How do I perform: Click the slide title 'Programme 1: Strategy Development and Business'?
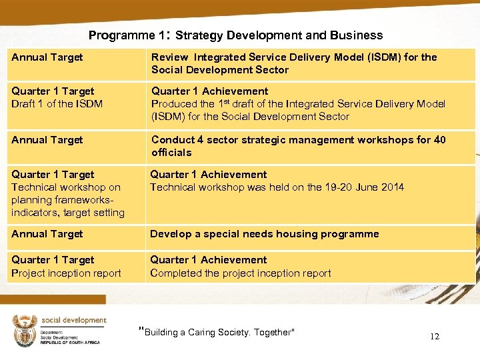tap(235, 35)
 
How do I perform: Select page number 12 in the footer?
tap(434, 337)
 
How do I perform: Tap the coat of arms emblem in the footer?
tap(25, 330)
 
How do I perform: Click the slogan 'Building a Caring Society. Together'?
tap(217, 332)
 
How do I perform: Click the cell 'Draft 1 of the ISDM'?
tap(57, 104)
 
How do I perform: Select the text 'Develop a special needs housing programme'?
tap(264, 234)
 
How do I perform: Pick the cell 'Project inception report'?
tap(66, 273)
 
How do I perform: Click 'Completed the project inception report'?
tap(240, 273)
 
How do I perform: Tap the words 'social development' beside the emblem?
tap(73, 320)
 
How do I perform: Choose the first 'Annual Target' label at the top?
tap(47, 57)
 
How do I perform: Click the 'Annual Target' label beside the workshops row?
tap(47, 140)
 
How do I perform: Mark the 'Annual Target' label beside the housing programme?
tap(47, 234)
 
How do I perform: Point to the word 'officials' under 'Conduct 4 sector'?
tap(171, 153)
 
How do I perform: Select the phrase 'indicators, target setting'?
tap(68, 213)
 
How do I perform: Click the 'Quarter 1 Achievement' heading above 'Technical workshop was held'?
tap(208, 175)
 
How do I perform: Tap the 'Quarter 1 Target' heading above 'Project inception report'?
tap(53, 260)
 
